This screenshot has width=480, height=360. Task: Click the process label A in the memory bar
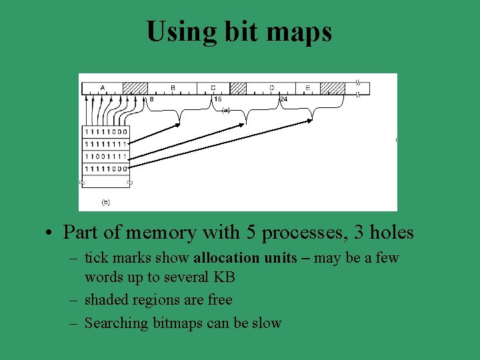point(102,87)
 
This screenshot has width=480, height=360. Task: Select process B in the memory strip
point(173,87)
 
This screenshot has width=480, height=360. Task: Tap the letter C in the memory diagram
point(213,87)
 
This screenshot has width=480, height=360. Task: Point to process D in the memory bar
point(271,87)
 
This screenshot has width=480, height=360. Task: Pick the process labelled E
point(307,87)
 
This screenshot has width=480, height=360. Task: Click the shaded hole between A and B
point(135,88)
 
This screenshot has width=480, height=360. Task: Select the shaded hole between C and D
point(238,88)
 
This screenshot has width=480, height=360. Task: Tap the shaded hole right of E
point(333,88)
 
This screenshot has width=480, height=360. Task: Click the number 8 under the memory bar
point(151,99)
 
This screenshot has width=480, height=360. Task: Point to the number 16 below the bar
point(217,99)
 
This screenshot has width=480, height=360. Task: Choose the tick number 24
point(283,99)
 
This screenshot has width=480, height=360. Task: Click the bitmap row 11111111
point(105,144)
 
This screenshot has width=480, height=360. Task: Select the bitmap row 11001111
point(105,156)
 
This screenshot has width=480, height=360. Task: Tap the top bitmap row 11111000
point(105,132)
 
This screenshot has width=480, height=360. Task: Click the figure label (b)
point(105,201)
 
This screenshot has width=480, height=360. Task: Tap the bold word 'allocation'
point(226,258)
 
